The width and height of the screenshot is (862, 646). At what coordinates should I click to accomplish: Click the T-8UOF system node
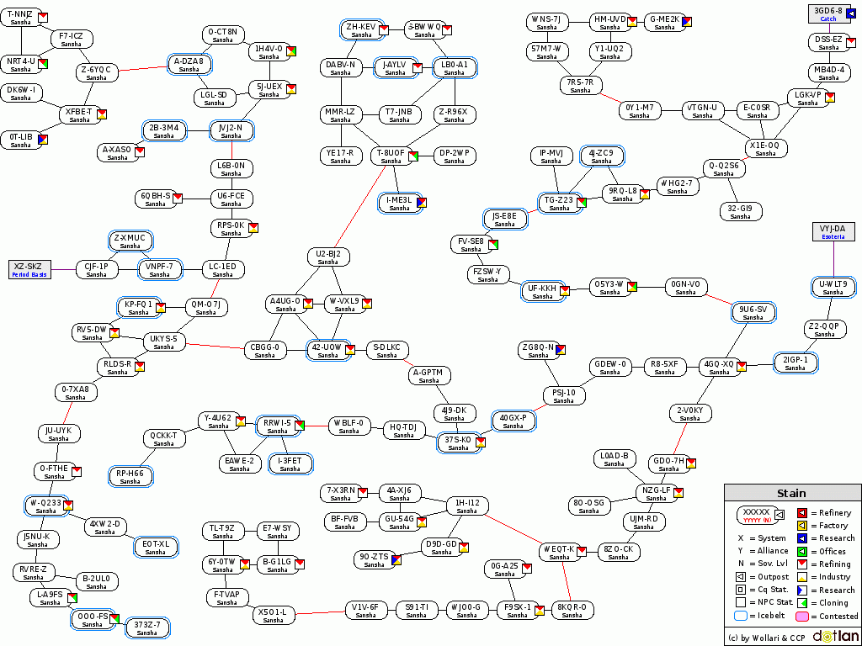(391, 156)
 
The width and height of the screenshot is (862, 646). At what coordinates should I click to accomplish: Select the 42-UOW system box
(327, 351)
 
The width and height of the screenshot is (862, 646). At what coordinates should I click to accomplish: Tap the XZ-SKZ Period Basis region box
(29, 270)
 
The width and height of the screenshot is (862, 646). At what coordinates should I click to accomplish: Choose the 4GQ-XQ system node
(719, 368)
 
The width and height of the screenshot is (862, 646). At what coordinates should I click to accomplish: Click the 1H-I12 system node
(466, 506)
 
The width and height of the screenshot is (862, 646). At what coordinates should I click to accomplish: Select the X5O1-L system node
(273, 616)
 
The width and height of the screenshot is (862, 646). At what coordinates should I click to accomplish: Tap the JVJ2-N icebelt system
(231, 131)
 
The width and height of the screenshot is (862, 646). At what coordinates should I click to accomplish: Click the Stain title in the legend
(790, 494)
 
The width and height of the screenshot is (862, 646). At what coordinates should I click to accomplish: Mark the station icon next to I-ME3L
(421, 202)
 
